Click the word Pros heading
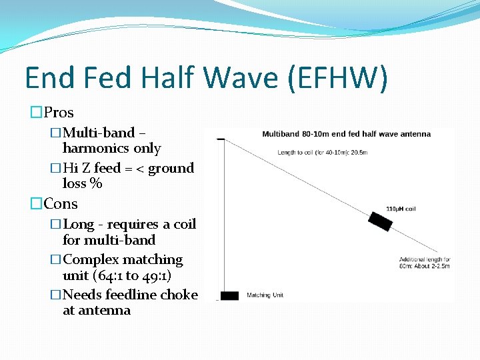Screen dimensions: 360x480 point(59,113)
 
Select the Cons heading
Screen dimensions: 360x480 point(61,204)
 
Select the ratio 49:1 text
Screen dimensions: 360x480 point(151,275)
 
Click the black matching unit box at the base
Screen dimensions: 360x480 point(229,295)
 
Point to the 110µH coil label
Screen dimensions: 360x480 point(400,209)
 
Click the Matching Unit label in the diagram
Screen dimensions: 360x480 point(264,295)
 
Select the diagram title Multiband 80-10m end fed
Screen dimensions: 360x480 point(346,134)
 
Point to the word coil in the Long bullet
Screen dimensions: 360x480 point(183,224)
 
